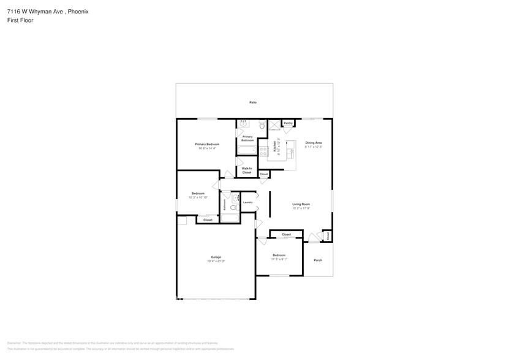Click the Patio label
pos(252,102)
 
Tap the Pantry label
pos(288,123)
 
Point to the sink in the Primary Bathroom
pos(244,122)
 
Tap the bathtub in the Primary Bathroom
pos(247,150)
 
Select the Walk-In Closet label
pos(247,170)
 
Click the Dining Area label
pos(314,143)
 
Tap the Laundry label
pos(247,202)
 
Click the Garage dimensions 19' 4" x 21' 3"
pos(216,261)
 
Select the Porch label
pos(318,260)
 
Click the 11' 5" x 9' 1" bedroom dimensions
pos(279,259)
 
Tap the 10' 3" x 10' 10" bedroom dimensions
pos(198,197)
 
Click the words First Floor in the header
pos(20,20)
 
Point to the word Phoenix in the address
pos(77,11)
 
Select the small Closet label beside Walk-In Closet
pos(263,174)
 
